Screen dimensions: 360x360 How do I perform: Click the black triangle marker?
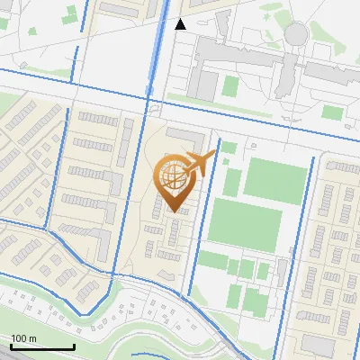[180, 24]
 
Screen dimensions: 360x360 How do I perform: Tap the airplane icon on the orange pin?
[200, 165]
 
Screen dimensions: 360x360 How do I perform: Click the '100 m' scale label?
[23, 337]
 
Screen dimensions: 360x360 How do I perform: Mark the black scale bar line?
[42, 346]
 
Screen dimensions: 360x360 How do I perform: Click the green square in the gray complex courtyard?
[230, 86]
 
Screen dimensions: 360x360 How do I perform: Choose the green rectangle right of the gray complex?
[333, 112]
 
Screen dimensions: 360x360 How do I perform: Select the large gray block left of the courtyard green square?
[203, 83]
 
